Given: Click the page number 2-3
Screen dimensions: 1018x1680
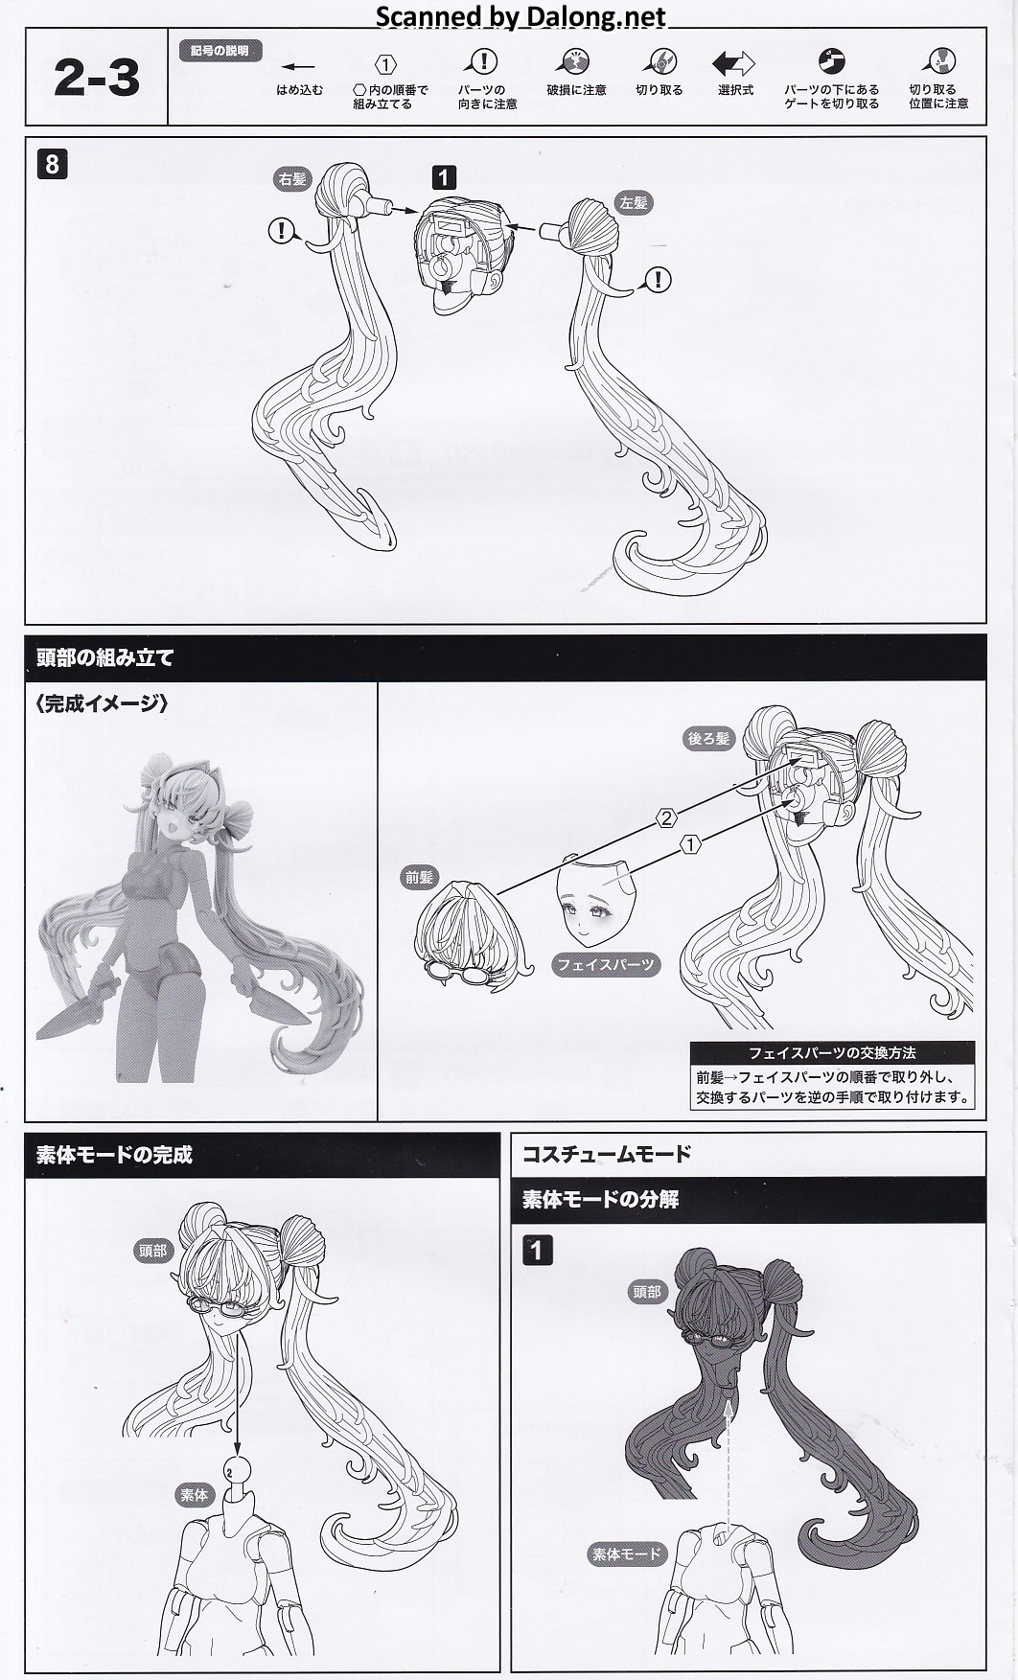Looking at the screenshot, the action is (x=97, y=78).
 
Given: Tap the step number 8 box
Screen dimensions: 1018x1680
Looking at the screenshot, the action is (x=52, y=164).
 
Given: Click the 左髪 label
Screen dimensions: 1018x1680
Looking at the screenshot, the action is (x=633, y=202).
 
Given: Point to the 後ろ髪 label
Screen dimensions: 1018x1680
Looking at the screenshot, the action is (x=708, y=738).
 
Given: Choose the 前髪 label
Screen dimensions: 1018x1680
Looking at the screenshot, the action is (x=420, y=877).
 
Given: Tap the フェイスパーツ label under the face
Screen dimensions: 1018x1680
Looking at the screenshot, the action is (x=606, y=965).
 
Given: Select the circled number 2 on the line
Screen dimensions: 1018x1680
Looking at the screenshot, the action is (x=666, y=818).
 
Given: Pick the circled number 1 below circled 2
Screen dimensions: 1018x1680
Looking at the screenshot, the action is (x=689, y=844).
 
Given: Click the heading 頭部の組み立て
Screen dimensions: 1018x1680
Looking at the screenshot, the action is (x=104, y=658).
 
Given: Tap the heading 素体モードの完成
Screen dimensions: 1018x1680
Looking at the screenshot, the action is (x=114, y=1155).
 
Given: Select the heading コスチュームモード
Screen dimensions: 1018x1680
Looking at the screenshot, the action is (x=606, y=1153).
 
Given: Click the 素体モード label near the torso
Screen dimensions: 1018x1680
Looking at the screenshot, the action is (x=627, y=1553).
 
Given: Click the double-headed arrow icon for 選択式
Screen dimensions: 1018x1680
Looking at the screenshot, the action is (x=734, y=64).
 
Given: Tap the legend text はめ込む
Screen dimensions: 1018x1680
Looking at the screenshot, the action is (x=299, y=90).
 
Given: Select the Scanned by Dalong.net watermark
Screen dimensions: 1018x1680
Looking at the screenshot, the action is (x=521, y=15).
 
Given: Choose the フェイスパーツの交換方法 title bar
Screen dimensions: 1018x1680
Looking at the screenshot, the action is (x=832, y=1052).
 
